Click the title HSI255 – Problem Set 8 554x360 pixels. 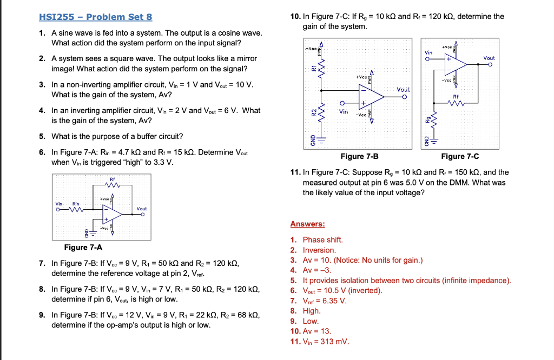96,17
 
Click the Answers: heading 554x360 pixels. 307,224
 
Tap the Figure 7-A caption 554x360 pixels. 83,248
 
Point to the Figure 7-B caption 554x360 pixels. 359,156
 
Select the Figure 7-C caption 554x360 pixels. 460,156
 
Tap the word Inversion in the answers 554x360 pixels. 319,250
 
